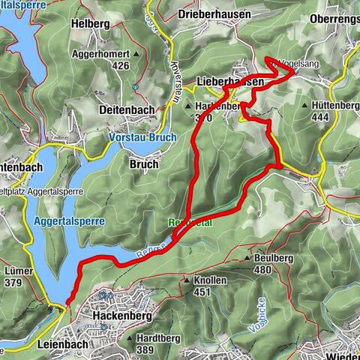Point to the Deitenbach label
pos(127,109)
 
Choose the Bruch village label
pos(144,163)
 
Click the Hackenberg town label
pos(116,317)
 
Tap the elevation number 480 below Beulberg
pos(262,270)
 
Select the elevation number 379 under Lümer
pos(13,283)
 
